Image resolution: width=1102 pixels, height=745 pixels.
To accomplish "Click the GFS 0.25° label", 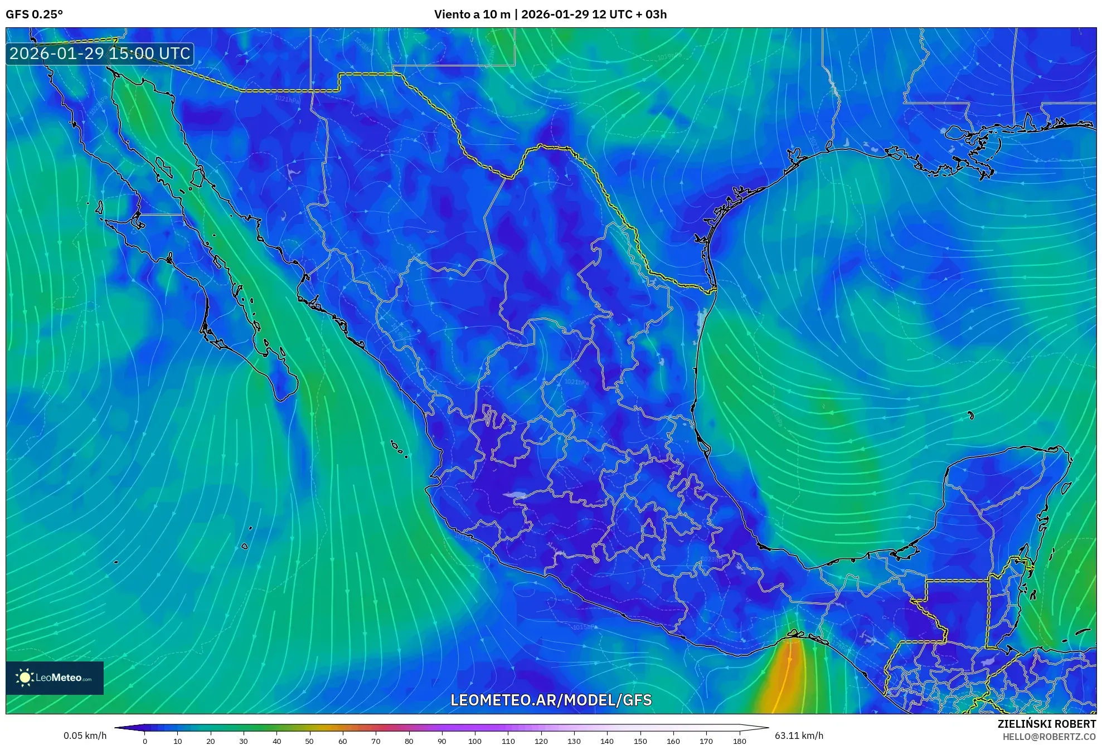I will click(x=34, y=14).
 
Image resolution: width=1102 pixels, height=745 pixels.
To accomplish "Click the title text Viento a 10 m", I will click(x=472, y=14).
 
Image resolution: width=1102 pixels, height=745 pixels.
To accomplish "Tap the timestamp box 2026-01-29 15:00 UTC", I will click(x=100, y=54).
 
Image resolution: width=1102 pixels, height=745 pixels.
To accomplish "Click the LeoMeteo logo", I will click(x=55, y=678).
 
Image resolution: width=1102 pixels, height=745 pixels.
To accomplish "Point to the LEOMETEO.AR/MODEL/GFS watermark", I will click(x=551, y=700).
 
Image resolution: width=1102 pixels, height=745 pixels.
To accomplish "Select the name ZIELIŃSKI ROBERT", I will click(x=1046, y=724).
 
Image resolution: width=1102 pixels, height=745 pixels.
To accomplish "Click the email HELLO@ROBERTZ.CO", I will click(x=1049, y=737).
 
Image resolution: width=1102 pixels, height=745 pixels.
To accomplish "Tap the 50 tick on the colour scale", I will click(x=309, y=741).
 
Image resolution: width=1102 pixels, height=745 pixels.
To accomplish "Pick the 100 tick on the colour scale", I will click(x=474, y=741).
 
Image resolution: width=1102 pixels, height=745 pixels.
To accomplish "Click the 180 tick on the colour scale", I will click(x=739, y=741).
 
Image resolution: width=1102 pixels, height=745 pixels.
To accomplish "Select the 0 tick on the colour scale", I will click(x=145, y=741).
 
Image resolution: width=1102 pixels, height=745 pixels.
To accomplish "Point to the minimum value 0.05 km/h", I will click(x=85, y=736).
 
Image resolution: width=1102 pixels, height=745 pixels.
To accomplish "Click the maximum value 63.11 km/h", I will click(x=799, y=736).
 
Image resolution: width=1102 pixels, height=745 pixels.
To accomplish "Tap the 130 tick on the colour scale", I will click(x=574, y=741).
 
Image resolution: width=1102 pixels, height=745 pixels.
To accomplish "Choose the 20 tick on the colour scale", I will click(x=211, y=741).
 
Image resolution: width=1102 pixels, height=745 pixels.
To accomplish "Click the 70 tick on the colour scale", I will click(x=376, y=741).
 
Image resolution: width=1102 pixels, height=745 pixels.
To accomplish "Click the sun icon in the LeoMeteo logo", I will click(x=25, y=678).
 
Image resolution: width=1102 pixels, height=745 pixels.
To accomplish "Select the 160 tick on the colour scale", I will click(x=673, y=741).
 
